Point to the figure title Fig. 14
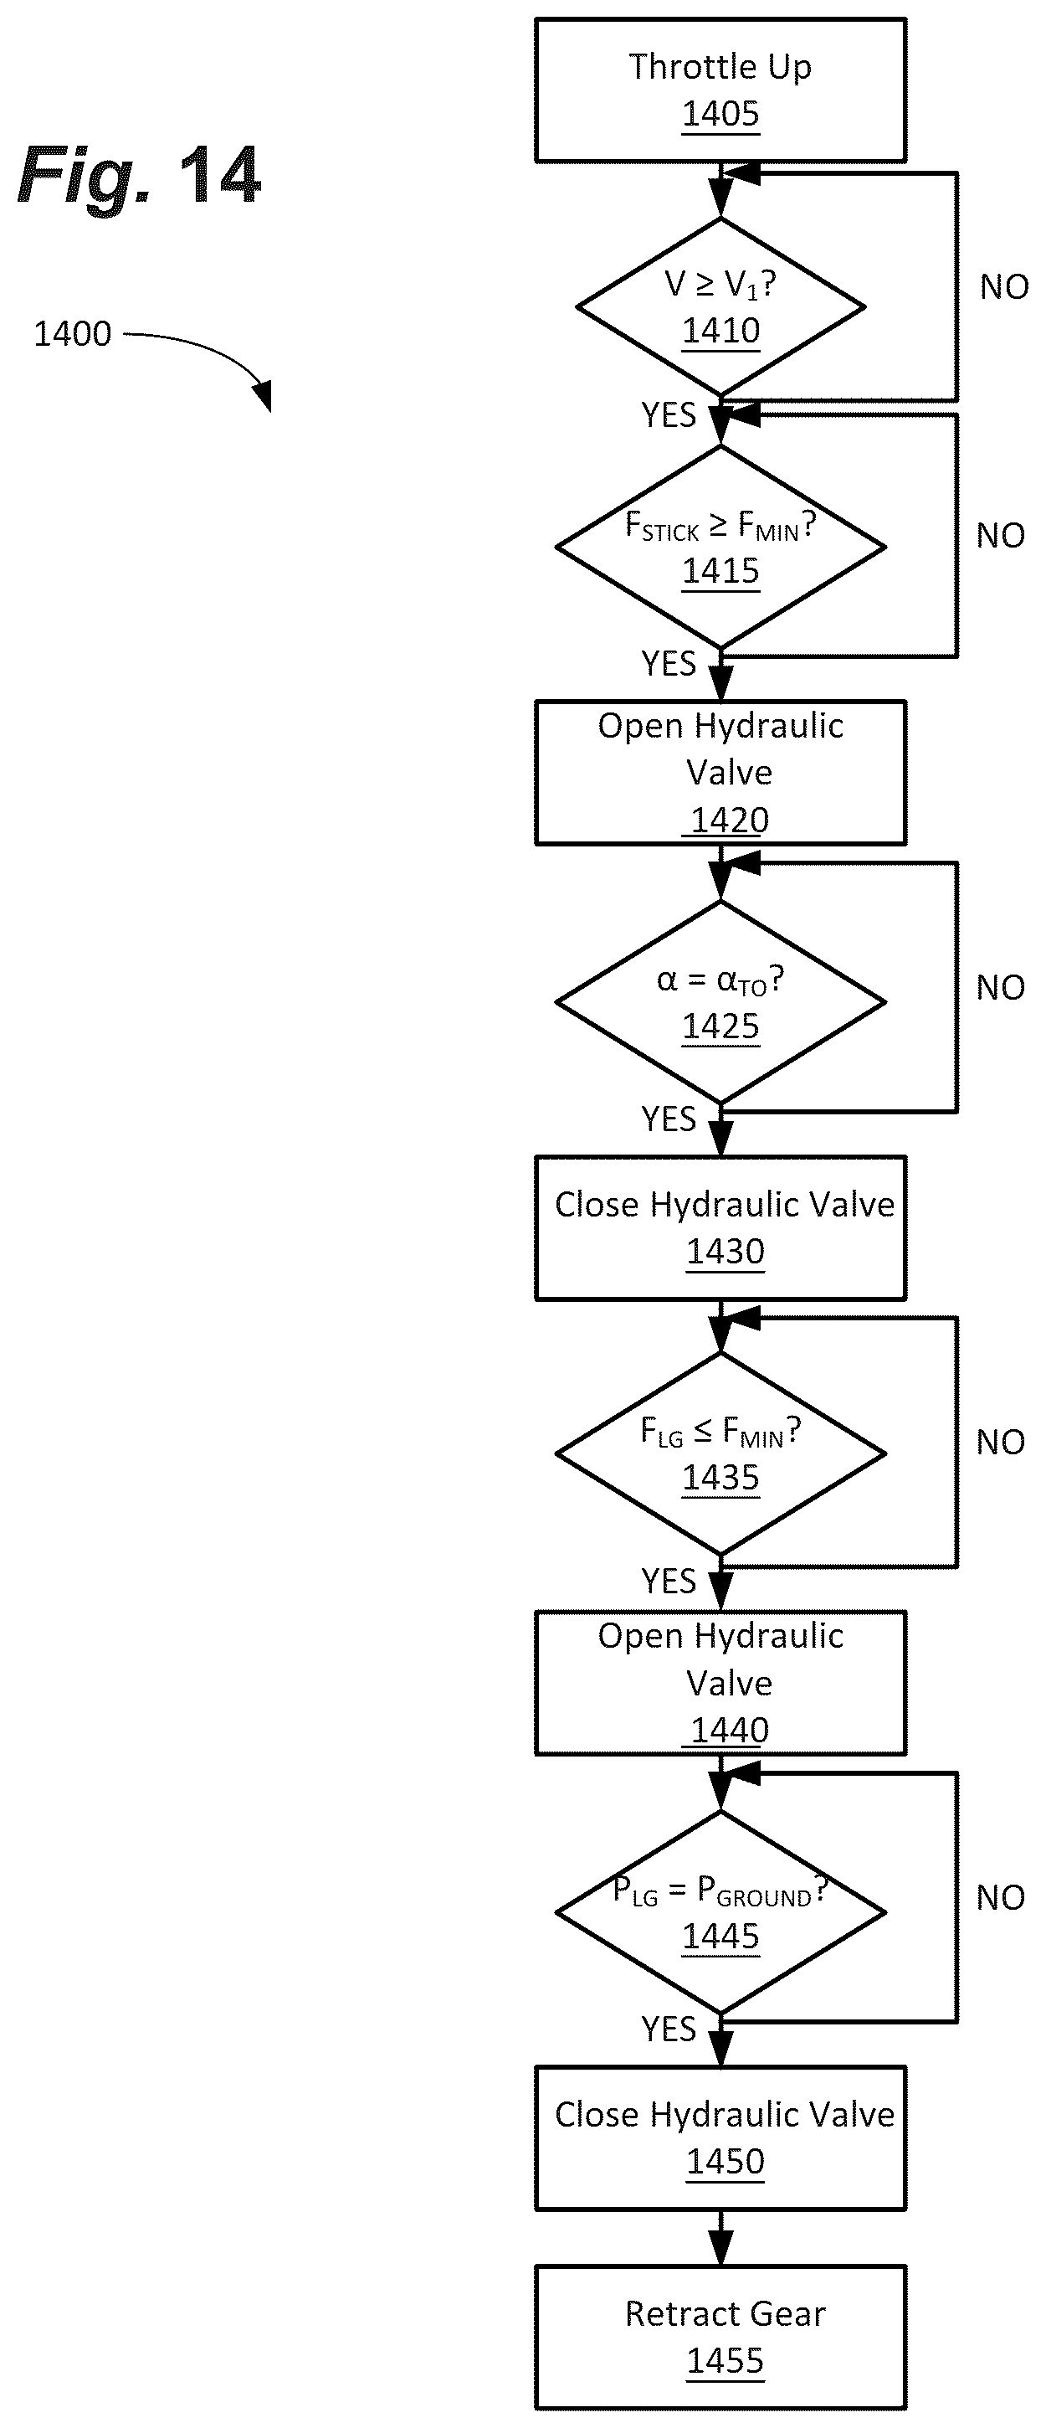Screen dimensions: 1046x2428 click(140, 177)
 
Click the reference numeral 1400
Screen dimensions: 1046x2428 click(73, 334)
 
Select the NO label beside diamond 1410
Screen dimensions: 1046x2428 click(1004, 286)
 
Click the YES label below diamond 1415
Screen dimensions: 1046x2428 click(668, 664)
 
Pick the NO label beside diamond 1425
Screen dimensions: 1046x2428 click(1001, 987)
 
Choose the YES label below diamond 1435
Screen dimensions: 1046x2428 click(668, 1581)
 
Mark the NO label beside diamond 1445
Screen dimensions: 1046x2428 click(1001, 1896)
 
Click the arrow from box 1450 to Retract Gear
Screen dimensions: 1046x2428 click(720, 2239)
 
